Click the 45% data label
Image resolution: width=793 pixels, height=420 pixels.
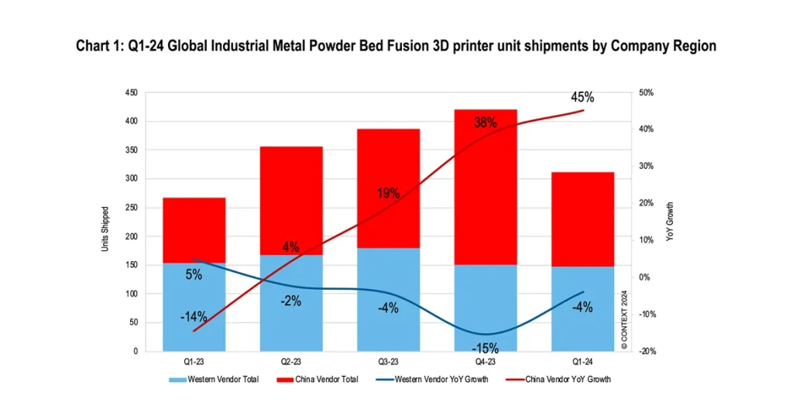pos(582,98)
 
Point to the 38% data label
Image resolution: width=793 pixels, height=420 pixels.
pos(485,122)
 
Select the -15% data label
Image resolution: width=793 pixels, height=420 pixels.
pos(485,348)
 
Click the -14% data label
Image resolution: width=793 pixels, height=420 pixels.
pos(194,316)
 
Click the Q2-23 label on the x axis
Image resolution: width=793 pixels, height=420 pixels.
pos(291,361)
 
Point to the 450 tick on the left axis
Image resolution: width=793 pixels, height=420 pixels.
pos(131,93)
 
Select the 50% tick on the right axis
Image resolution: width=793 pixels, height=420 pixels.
pos(647,93)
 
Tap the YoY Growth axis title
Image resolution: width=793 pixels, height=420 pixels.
pos(671,222)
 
